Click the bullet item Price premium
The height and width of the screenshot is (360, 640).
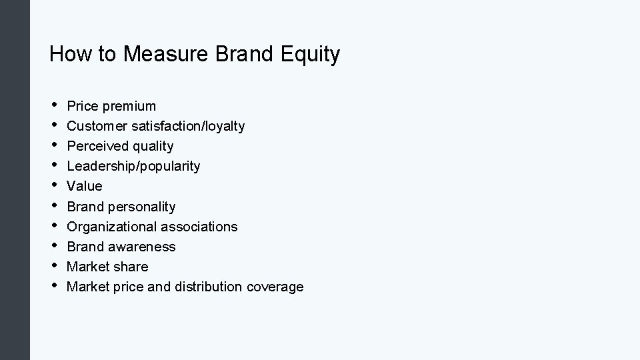(x=111, y=106)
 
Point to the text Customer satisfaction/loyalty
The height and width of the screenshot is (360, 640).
(x=156, y=126)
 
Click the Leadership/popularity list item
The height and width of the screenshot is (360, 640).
(x=133, y=166)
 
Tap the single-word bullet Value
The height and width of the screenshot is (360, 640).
(x=85, y=186)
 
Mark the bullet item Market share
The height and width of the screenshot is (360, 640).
(x=107, y=267)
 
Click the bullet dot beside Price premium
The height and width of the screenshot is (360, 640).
(x=53, y=105)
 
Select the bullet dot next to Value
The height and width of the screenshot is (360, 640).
(x=53, y=185)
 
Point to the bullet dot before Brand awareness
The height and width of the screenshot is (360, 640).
(x=53, y=245)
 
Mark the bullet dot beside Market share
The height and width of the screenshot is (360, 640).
(x=53, y=265)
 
